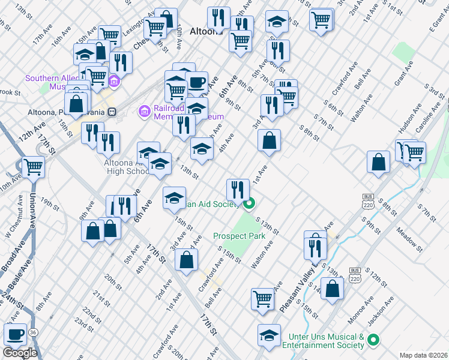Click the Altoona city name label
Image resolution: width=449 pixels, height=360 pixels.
point(206,31)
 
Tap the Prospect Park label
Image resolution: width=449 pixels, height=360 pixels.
point(239,236)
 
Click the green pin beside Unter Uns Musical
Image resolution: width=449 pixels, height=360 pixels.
point(373,340)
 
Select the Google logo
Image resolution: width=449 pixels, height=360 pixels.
point(20,352)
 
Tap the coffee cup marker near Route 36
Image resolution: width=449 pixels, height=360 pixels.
point(15,334)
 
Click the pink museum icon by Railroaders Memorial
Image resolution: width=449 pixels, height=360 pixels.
point(143,111)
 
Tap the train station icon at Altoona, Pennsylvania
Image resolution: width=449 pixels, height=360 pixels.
point(111,112)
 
